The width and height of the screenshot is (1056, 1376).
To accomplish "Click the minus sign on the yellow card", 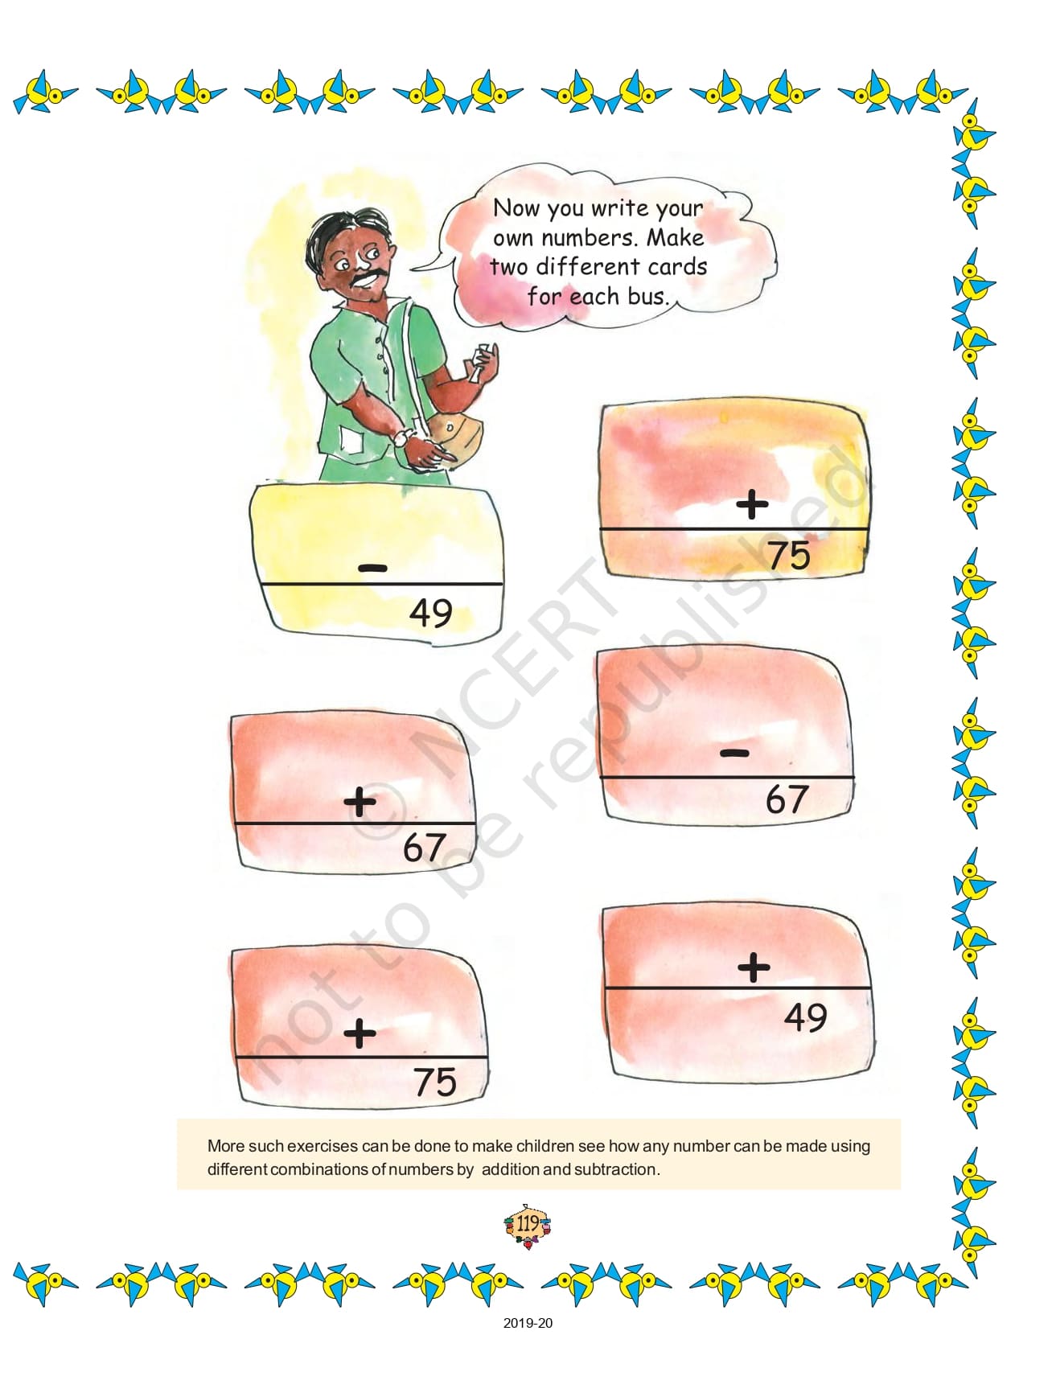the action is point(372,569).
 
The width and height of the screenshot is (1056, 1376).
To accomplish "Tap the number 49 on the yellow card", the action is point(431,613).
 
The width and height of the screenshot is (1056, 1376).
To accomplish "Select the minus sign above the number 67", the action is point(735,753).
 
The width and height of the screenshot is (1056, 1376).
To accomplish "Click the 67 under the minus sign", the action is point(786,799).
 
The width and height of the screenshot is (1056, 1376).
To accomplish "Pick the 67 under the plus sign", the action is point(424,847).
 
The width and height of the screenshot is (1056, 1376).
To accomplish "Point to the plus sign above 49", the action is point(754,967).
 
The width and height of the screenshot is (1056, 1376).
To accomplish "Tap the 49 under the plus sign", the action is point(806,1017).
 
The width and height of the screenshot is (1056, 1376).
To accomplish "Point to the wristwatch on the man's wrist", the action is point(400,437).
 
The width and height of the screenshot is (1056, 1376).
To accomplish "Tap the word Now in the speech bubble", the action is point(516,207).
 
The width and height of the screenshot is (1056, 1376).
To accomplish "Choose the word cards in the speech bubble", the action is point(677,266).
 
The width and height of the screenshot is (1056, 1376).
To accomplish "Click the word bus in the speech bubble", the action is point(647,296).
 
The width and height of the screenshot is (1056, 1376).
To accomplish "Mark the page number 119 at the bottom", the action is point(528,1224).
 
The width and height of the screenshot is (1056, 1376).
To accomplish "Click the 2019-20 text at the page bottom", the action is point(528,1323).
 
